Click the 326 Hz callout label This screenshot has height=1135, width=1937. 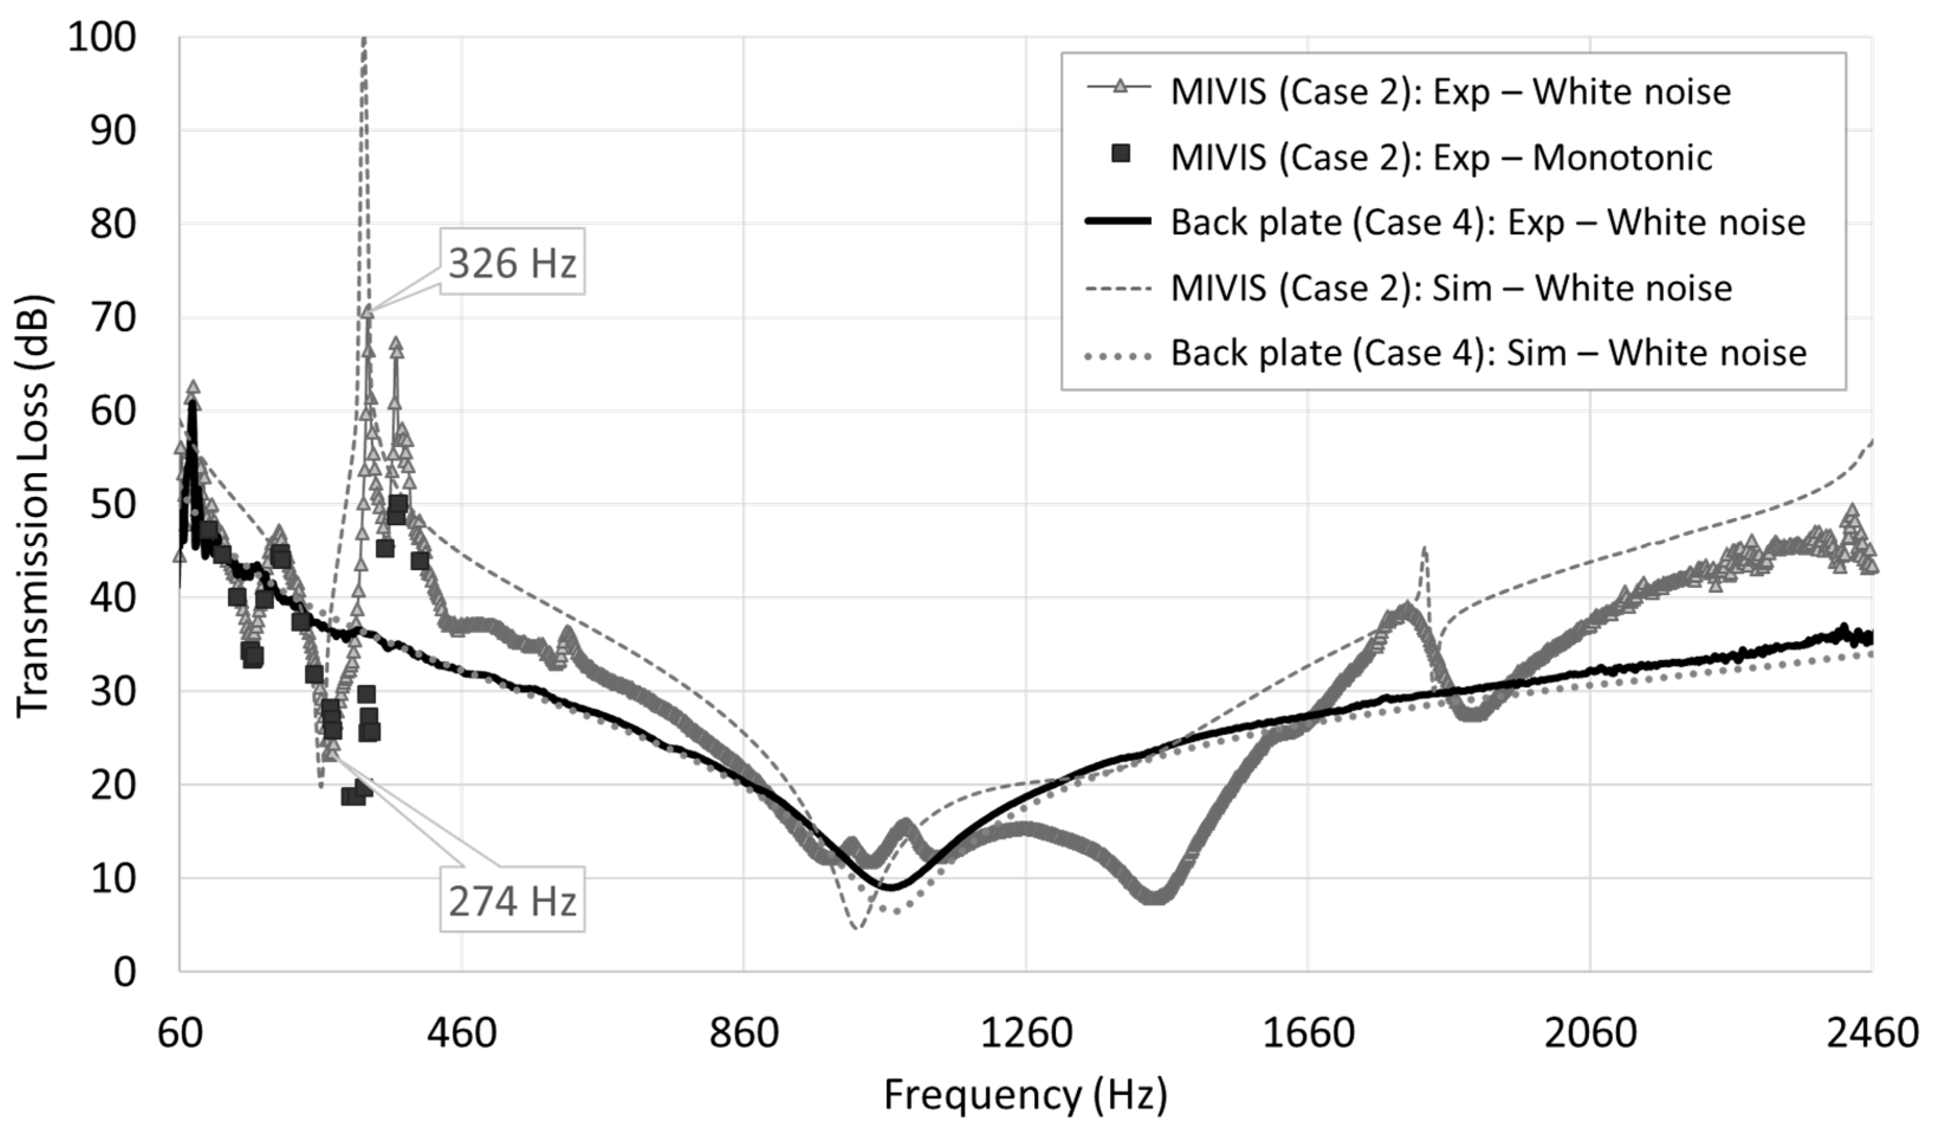(x=512, y=263)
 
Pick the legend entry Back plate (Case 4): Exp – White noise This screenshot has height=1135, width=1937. (x=1488, y=223)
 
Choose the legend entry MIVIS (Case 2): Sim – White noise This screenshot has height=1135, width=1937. (x=1450, y=289)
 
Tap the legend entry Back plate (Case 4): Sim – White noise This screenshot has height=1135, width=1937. (x=1488, y=354)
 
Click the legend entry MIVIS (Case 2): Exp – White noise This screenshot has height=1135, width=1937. (x=1450, y=92)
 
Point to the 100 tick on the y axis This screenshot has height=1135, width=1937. (x=102, y=37)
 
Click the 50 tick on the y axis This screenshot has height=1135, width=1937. (x=113, y=505)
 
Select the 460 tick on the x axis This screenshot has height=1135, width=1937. (x=462, y=1033)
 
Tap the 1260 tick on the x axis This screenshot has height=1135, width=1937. (x=1026, y=1033)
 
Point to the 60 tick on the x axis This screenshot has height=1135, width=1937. (x=180, y=1033)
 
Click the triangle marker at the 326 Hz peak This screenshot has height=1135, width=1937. (x=368, y=312)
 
